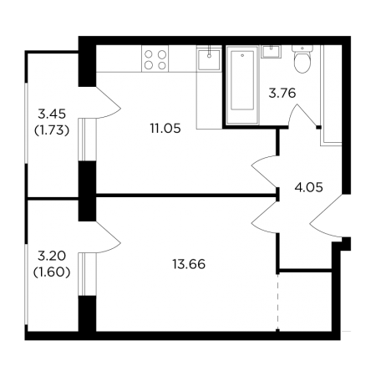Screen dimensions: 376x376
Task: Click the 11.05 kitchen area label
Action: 165,129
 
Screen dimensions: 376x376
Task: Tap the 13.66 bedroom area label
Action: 189,264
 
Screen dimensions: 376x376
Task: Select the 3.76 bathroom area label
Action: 282,93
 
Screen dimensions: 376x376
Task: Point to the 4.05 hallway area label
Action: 308,187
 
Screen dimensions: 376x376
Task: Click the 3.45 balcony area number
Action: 52,114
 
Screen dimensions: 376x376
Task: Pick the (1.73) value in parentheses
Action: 52,130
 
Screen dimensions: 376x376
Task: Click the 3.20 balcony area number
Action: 52,256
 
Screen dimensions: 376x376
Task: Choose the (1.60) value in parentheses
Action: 52,272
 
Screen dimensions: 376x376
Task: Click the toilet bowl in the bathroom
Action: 302,59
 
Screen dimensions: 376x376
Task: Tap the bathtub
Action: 242,85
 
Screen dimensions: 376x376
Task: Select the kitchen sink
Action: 209,59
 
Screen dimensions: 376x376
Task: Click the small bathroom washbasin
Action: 271,52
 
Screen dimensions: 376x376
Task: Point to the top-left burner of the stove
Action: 149,54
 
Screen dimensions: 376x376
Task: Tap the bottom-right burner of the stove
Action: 162,66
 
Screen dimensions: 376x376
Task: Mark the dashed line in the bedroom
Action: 277,302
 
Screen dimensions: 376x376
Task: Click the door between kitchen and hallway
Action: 263,171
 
